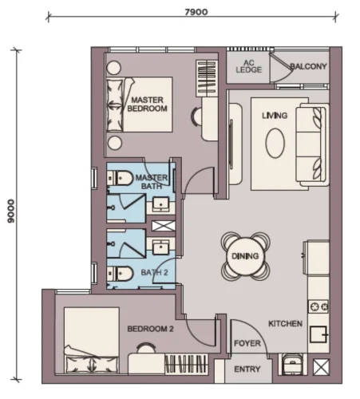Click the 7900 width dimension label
196,12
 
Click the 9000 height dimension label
11,211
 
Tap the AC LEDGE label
249,66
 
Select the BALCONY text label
308,66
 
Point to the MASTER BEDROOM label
147,105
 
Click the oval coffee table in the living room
275,144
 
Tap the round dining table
245,256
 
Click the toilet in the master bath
120,178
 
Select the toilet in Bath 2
120,274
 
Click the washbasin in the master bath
160,204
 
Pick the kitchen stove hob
318,307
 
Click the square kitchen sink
318,334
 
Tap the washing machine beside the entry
292,364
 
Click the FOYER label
247,343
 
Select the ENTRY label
247,369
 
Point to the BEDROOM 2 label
150,329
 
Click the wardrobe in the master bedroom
207,78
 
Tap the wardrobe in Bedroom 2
186,364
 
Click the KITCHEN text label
285,324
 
